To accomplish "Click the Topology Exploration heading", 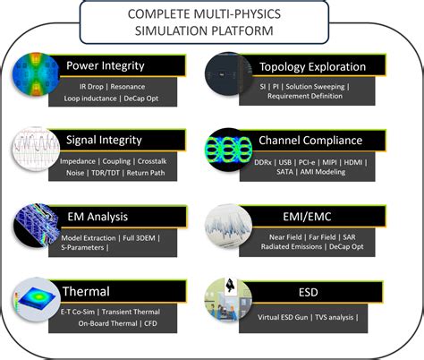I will tap(312, 66).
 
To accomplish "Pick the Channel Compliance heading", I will tap(310, 140).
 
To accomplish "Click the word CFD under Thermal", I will tap(163, 323).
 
